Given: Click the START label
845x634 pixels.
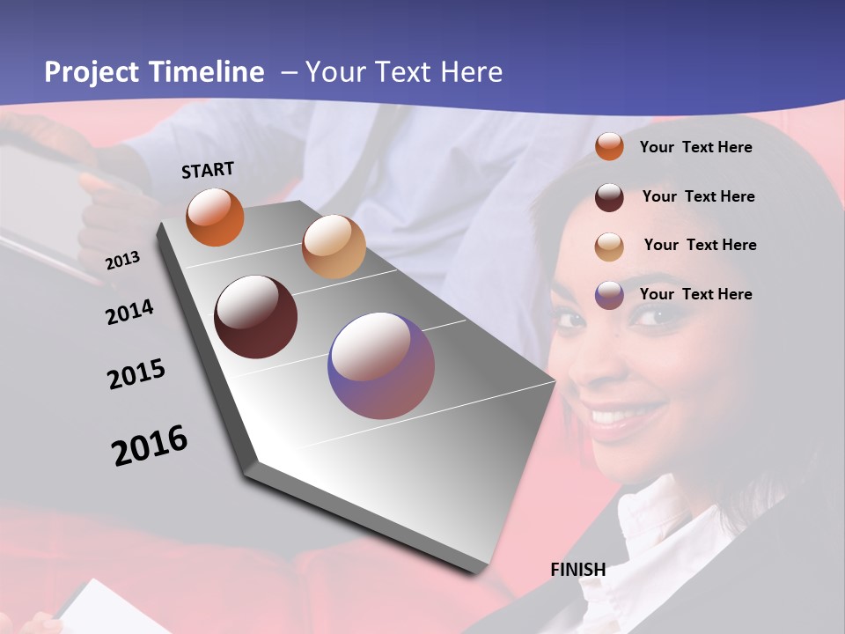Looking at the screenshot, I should [x=208, y=170].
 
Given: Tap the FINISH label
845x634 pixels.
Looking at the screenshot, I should [x=578, y=570].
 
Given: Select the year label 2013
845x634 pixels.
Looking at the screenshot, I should [x=123, y=260].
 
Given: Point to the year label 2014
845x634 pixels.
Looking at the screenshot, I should [x=130, y=312].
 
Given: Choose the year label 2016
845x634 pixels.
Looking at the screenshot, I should [x=150, y=445].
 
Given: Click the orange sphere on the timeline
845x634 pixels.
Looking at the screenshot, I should [x=215, y=217].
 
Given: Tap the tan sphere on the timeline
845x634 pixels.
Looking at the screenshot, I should [x=334, y=247].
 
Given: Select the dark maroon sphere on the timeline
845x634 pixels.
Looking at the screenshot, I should [x=256, y=317].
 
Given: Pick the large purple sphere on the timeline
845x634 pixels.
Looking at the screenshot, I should [x=381, y=365].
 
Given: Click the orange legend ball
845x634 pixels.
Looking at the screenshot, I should [x=609, y=147].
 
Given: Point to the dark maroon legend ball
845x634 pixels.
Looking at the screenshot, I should [x=609, y=196].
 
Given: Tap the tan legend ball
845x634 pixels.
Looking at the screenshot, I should [x=609, y=246].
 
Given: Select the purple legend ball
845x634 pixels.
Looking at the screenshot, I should [x=609, y=295].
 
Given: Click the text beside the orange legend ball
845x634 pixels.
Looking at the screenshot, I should [x=696, y=148].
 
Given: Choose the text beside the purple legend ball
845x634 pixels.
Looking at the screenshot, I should [x=696, y=294].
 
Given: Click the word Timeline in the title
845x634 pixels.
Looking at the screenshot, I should [x=208, y=72].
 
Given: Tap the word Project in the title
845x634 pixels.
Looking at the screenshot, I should [x=88, y=72].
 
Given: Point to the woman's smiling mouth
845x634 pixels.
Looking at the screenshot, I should [x=626, y=415].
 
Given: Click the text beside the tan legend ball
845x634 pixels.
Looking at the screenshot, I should [x=700, y=245].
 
